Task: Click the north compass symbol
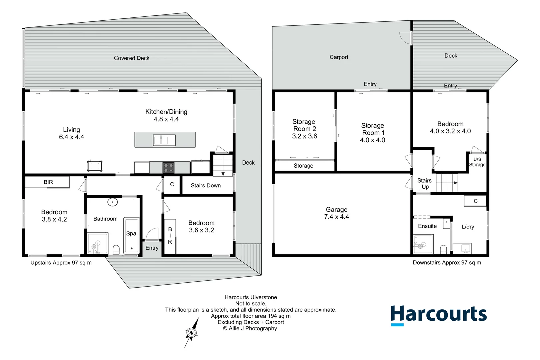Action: pyautogui.click(x=192, y=332)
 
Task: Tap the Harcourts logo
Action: pyautogui.click(x=438, y=314)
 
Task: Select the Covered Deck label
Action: pyautogui.click(x=132, y=58)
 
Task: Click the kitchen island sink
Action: pyautogui.click(x=164, y=140)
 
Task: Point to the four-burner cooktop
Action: pyautogui.click(x=169, y=168)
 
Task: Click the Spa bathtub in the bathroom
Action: pyautogui.click(x=131, y=236)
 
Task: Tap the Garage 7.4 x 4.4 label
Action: pyautogui.click(x=337, y=213)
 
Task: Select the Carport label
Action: pyautogui.click(x=339, y=57)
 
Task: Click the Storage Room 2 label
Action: pyautogui.click(x=304, y=129)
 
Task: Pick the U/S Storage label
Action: pyautogui.click(x=477, y=162)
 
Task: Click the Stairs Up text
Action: pyautogui.click(x=425, y=184)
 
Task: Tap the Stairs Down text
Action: pyautogui.click(x=206, y=185)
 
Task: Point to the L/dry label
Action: pyautogui.click(x=468, y=227)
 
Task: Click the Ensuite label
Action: pyautogui.click(x=427, y=226)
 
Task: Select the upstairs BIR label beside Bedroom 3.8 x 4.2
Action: pyautogui.click(x=48, y=182)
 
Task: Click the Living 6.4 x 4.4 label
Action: pyautogui.click(x=71, y=133)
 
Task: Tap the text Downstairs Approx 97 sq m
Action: pyautogui.click(x=447, y=263)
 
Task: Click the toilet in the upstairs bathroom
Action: pyautogui.click(x=116, y=250)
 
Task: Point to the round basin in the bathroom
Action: pyautogui.click(x=113, y=202)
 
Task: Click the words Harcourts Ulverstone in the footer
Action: pyautogui.click(x=251, y=297)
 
